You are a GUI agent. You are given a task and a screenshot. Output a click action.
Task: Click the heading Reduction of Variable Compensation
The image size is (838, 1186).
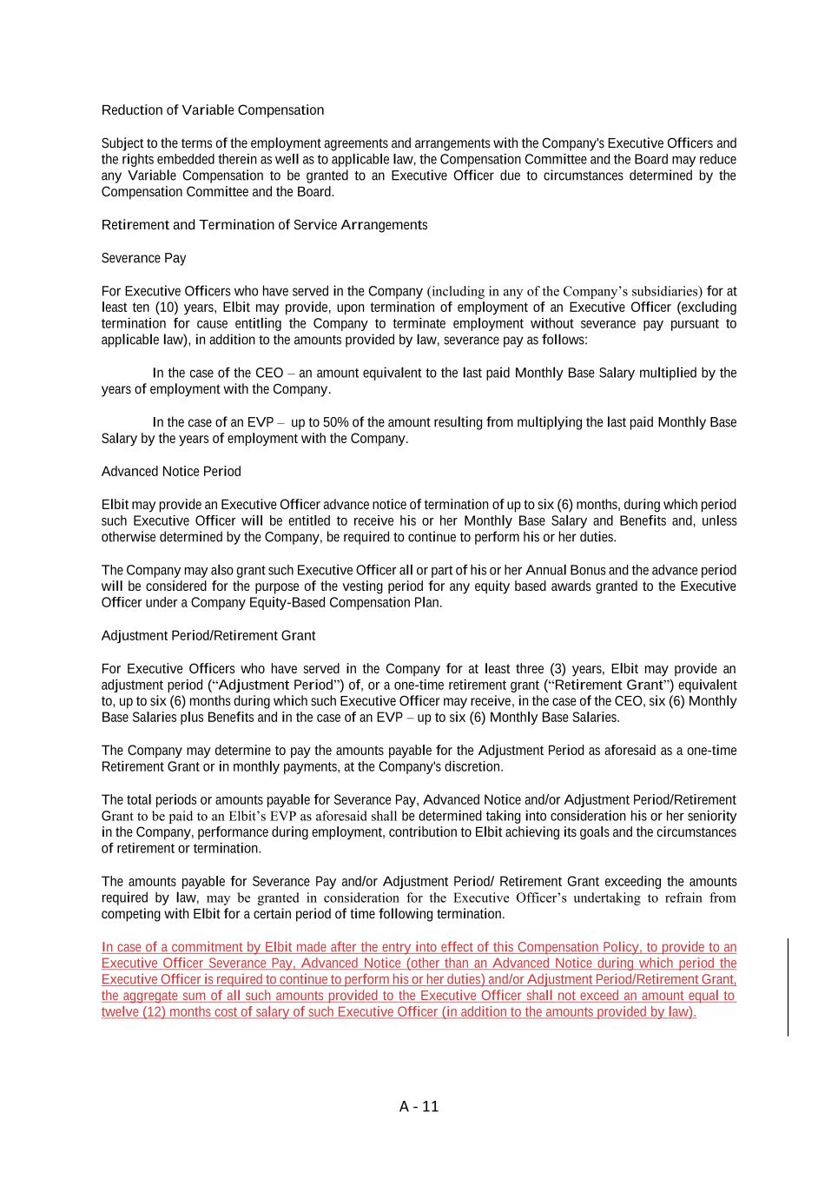pyautogui.click(x=213, y=110)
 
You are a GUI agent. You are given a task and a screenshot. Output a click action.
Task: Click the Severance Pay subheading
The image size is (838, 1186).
pyautogui.click(x=143, y=258)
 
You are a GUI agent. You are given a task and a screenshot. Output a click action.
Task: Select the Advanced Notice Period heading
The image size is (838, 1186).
pyautogui.click(x=171, y=471)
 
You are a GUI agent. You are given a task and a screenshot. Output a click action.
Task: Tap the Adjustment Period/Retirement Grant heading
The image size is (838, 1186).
pyautogui.click(x=208, y=635)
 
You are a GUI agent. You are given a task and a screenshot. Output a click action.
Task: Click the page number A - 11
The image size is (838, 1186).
pyautogui.click(x=419, y=1106)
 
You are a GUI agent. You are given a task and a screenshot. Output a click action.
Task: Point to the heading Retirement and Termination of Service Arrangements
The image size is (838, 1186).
pyautogui.click(x=264, y=225)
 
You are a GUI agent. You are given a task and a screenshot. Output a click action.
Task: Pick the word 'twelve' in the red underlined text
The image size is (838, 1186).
pyautogui.click(x=121, y=1012)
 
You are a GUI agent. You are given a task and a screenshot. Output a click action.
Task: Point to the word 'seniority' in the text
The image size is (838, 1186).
pyautogui.click(x=709, y=816)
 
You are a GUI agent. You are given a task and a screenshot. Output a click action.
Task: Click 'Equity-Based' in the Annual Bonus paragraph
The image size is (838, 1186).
pyautogui.click(x=291, y=603)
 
